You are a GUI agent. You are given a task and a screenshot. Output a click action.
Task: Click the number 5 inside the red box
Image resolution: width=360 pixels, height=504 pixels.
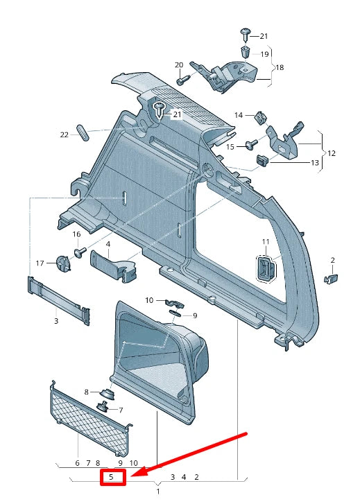111,477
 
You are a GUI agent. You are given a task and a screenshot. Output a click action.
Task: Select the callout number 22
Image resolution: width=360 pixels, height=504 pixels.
65,134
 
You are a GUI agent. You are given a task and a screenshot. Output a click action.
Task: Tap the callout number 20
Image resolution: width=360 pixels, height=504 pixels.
179,65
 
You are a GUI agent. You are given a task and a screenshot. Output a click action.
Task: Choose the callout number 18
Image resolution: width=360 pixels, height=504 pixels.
280,67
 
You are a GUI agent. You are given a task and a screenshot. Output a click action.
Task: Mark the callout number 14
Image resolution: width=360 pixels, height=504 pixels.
239,115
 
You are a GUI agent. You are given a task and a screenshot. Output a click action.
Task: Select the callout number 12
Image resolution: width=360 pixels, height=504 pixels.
332,153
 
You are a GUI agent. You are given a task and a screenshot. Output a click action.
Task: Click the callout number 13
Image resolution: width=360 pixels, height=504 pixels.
314,163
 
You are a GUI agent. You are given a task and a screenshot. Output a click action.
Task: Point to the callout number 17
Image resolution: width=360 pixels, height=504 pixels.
40,263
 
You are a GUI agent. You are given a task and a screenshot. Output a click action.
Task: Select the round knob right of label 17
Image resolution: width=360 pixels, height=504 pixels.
63,264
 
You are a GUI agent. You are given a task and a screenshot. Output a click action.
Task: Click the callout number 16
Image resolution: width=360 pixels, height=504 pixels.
77,235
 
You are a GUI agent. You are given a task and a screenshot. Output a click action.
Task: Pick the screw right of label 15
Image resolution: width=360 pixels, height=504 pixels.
251,145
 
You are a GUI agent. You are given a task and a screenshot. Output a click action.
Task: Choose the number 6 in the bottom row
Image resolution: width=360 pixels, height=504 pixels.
78,463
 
